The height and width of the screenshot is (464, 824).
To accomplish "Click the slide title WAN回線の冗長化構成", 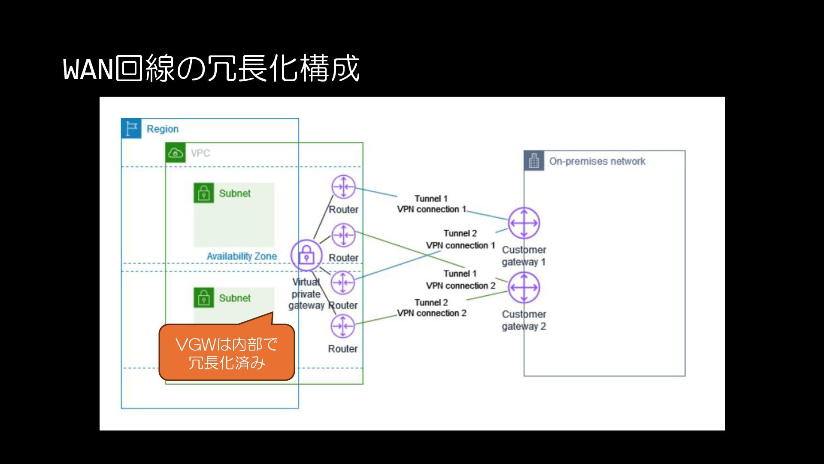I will [x=211, y=68].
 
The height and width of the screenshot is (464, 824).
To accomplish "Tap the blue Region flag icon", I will [x=131, y=128].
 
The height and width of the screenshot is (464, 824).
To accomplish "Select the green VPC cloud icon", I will [x=176, y=153].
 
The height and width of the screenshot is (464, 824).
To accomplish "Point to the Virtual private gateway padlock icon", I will [x=306, y=256].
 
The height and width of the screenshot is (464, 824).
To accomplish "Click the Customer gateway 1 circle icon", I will [x=524, y=223].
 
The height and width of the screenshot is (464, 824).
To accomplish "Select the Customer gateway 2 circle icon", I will [x=524, y=287].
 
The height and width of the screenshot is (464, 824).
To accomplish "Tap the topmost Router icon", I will [x=343, y=187].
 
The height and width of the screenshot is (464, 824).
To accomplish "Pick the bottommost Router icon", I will [x=342, y=326].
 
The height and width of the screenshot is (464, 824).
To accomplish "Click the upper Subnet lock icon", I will [x=204, y=193].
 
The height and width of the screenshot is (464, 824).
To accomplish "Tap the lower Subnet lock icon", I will [x=204, y=298].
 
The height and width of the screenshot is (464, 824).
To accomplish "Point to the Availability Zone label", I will [x=242, y=256].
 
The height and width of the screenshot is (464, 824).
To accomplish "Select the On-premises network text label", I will [x=597, y=162].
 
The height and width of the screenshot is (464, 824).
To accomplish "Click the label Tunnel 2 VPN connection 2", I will [x=431, y=308].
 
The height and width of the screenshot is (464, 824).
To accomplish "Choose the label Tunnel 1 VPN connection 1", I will [x=431, y=204].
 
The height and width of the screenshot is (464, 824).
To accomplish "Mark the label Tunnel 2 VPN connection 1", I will [x=460, y=239].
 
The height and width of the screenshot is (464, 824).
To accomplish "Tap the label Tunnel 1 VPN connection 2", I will [x=460, y=280].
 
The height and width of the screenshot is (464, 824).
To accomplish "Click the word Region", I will [x=163, y=129].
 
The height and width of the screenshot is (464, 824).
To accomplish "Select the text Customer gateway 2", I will [x=524, y=321].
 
